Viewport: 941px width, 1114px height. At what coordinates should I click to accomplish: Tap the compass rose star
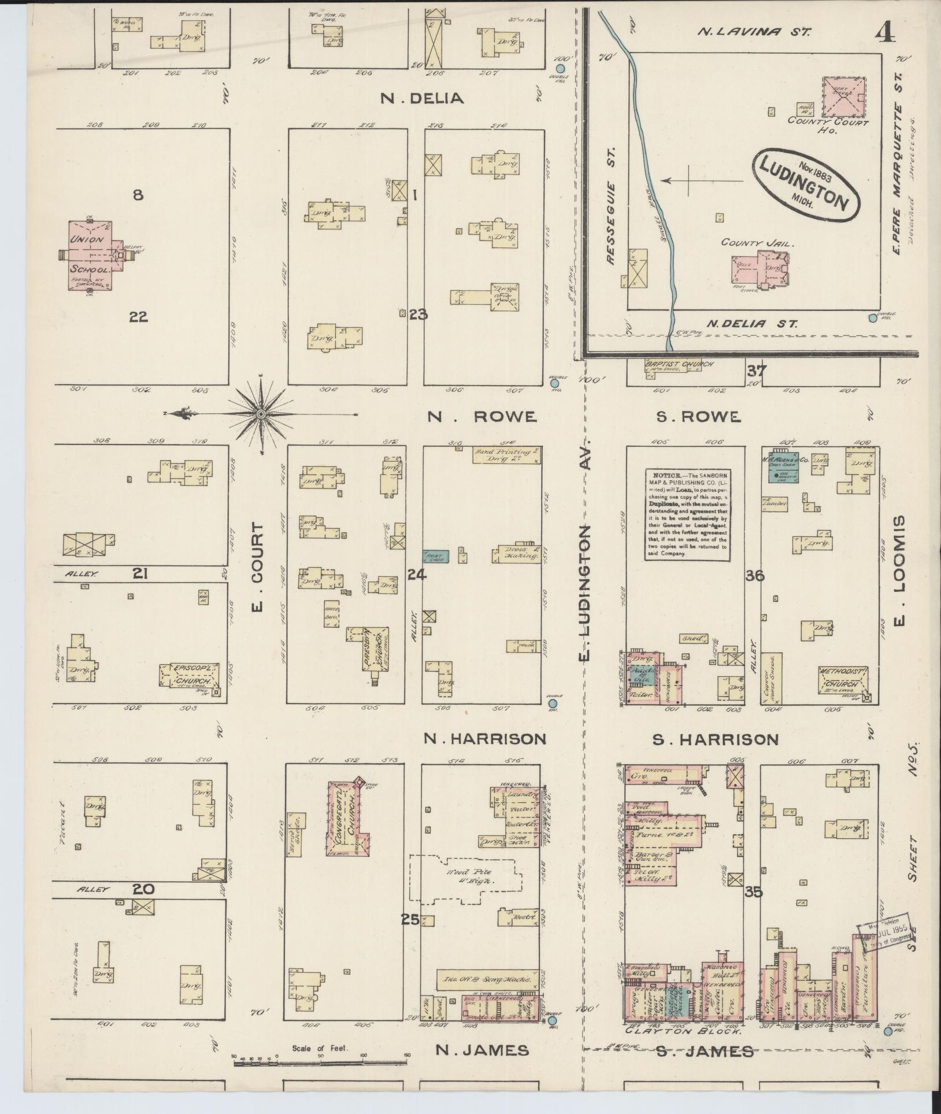(x=261, y=414)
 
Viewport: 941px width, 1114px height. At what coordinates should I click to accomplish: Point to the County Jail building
(x=758, y=269)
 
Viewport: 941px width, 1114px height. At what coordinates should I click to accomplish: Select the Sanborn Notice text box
(x=687, y=513)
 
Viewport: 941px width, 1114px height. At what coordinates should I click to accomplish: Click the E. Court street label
(x=257, y=567)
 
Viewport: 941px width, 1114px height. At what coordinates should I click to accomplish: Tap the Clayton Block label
(x=683, y=1031)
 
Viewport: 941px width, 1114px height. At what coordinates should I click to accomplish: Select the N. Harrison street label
(x=484, y=738)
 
